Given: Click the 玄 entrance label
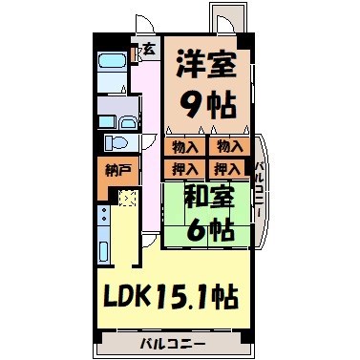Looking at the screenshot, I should [150, 51].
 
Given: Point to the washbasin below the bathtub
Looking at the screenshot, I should [109, 107].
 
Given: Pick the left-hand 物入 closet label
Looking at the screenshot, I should [184, 147].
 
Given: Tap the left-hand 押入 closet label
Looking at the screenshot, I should [184, 169].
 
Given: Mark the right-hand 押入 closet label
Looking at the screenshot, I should [227, 169].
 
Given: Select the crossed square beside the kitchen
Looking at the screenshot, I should [127, 199].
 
